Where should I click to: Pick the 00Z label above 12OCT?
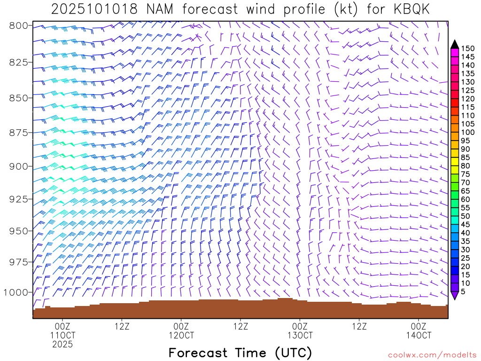tap(181, 326)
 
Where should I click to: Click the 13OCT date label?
tap(300, 335)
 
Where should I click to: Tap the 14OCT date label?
tap(419, 335)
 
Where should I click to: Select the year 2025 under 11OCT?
tap(62, 345)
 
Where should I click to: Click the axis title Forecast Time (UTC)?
tap(240, 353)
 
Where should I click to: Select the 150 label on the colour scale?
tap(468, 48)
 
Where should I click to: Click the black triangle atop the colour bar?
tap(455, 44)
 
